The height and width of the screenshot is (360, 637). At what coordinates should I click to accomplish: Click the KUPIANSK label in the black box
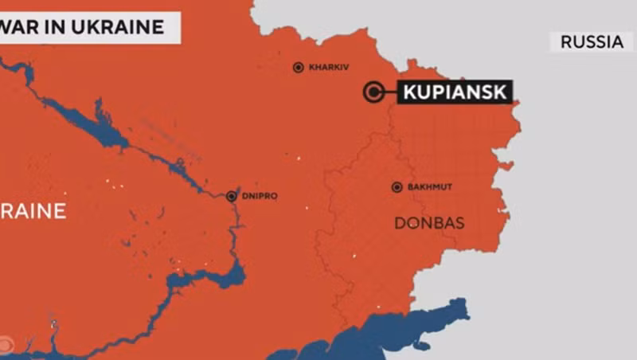(x=455, y=92)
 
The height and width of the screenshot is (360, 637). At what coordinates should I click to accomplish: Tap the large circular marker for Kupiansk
(x=372, y=92)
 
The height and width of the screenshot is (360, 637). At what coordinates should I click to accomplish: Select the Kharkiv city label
(x=329, y=68)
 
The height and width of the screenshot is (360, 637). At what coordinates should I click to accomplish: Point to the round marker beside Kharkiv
(x=299, y=68)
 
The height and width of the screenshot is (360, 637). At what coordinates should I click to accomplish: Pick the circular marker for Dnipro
(x=232, y=196)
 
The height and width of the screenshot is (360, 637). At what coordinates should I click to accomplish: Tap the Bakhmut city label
(x=429, y=187)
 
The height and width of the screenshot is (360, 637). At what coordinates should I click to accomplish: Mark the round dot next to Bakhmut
(x=397, y=187)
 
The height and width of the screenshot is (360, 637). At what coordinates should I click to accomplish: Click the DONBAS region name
(x=429, y=223)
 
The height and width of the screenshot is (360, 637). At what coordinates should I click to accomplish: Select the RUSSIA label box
(x=592, y=42)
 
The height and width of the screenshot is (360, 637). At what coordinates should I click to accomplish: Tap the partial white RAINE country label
(x=32, y=211)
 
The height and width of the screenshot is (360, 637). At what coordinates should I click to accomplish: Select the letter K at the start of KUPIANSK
(x=409, y=92)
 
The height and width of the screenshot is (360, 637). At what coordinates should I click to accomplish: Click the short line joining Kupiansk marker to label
(x=389, y=92)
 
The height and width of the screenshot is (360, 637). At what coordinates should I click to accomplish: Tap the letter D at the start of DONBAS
(x=400, y=223)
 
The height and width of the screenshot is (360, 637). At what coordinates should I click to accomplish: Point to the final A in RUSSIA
(x=617, y=42)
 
